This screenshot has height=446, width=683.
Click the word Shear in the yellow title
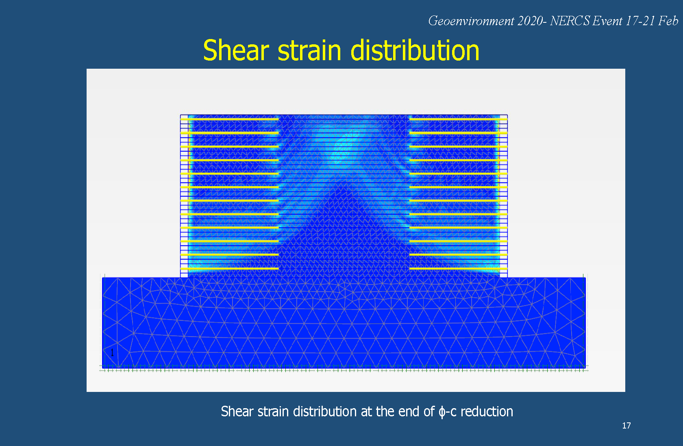point(236,50)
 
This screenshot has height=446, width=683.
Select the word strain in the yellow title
point(309,51)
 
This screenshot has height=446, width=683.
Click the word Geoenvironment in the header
point(471,21)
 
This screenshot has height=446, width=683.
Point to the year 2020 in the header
point(530,21)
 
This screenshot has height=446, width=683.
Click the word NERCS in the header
point(570,21)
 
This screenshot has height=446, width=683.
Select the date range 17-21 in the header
point(640,21)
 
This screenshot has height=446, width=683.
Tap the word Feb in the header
point(668,21)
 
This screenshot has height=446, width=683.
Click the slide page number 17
point(626,426)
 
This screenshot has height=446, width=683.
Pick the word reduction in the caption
point(487,411)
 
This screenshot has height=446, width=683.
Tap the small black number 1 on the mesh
point(112,352)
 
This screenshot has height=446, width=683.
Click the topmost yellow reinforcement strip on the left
point(230,119)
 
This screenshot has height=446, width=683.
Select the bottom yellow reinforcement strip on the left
point(230,269)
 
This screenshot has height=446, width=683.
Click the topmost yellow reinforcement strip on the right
point(458,119)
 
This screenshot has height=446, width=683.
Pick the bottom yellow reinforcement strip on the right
point(458,269)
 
